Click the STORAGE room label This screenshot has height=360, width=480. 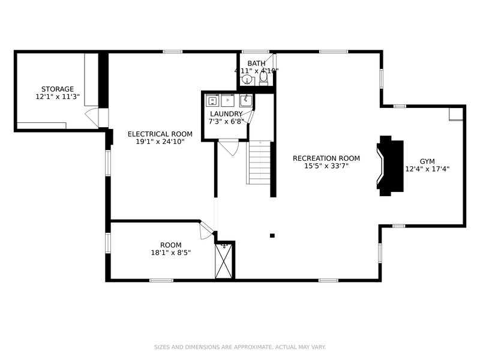tap(58, 89)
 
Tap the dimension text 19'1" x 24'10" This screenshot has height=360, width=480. tap(160, 142)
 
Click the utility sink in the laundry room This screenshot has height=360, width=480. tap(245, 100)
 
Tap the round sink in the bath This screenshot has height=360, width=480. tap(247, 80)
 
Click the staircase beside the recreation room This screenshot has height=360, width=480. tap(259, 163)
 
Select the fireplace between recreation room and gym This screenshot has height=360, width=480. tap(389, 166)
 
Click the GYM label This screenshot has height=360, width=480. tap(427, 161)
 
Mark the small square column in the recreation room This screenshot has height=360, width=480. tap(272, 236)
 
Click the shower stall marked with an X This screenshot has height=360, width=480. tap(224, 261)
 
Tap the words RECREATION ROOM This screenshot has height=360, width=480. tap(326, 158)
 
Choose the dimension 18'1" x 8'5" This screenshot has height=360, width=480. tap(170, 253)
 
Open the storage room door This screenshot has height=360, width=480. tap(92, 116)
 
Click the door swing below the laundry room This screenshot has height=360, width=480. tap(229, 147)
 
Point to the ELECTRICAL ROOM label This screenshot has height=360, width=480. tap(160, 134)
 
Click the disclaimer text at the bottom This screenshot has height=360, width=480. tap(240, 347)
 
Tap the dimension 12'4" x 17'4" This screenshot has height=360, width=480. tap(427, 169)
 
